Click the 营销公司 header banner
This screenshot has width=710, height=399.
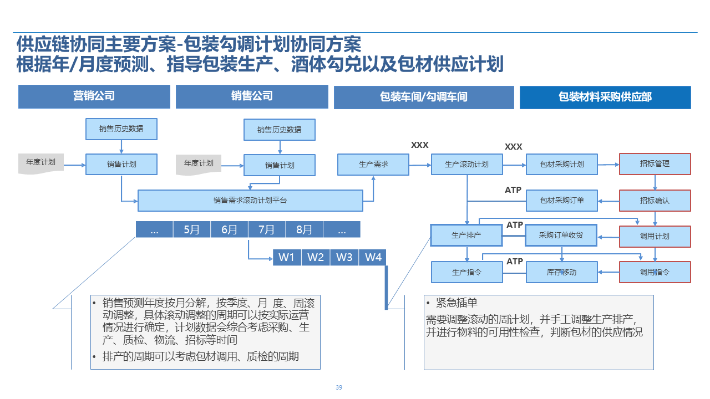point(94,96)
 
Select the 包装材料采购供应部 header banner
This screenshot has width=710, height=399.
point(605,97)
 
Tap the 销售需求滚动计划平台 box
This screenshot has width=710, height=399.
point(250,201)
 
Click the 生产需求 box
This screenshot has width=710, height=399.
point(373,165)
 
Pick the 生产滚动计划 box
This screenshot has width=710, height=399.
point(467,165)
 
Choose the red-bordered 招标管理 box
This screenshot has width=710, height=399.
point(655,164)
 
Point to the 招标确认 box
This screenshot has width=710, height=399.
point(655,201)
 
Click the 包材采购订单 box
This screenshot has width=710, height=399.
point(562,201)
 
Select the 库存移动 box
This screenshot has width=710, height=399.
point(562,272)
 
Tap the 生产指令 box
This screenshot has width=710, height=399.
point(467,272)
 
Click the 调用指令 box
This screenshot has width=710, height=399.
point(655,272)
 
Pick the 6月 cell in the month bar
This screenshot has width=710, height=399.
point(229,229)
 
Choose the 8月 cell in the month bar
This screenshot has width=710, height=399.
point(305,229)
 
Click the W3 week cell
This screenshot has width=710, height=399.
point(344,257)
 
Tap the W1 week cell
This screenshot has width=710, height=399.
point(287,257)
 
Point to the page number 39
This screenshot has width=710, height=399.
point(339,387)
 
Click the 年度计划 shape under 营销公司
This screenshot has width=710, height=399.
point(41,163)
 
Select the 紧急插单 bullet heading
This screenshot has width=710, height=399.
point(457,303)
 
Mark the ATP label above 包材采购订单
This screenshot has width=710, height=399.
point(513,190)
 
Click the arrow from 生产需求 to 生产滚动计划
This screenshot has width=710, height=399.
point(420,165)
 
